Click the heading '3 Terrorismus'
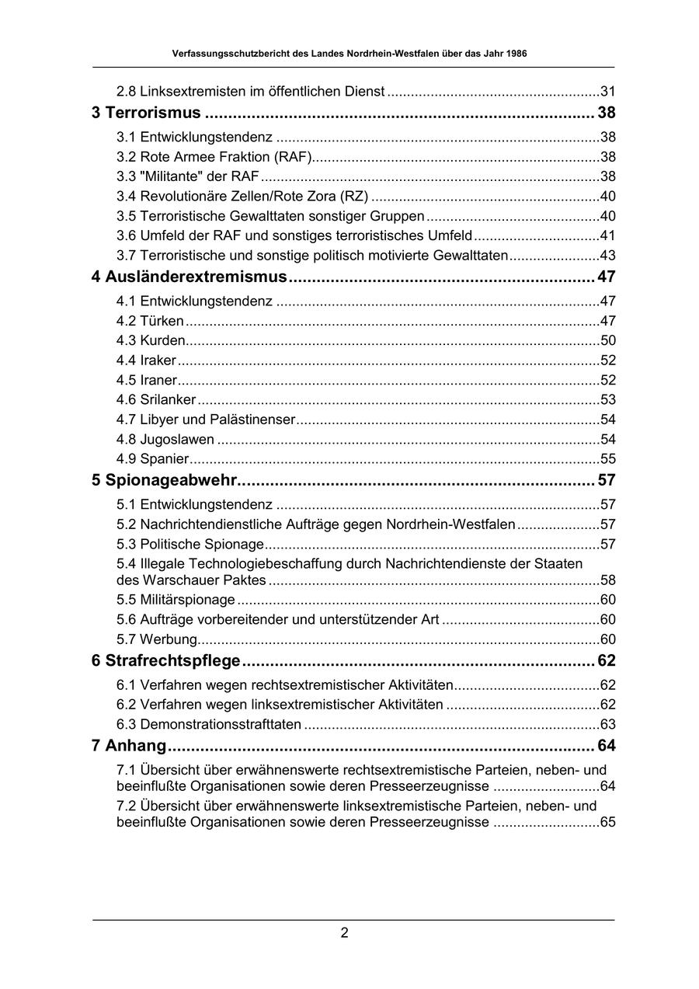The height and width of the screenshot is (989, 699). (x=146, y=113)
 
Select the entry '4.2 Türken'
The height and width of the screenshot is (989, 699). (x=150, y=321)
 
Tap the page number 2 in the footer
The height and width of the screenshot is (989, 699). (x=344, y=933)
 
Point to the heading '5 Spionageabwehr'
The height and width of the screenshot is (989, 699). (x=164, y=480)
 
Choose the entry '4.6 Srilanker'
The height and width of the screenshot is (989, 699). (x=156, y=400)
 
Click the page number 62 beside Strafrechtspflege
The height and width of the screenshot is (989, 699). (x=606, y=661)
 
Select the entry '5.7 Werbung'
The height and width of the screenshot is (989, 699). (x=157, y=639)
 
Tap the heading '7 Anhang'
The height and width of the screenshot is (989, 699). (x=129, y=746)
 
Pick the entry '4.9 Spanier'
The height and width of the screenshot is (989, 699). (x=152, y=458)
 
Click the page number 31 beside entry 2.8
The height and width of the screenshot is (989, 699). (x=607, y=92)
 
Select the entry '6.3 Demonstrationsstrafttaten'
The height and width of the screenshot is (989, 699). (x=209, y=725)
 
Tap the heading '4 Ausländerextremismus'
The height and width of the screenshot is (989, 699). (x=189, y=277)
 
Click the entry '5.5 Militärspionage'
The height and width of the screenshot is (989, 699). (x=176, y=600)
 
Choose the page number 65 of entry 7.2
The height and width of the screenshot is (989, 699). (x=607, y=822)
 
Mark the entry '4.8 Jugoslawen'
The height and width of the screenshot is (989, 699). (x=165, y=439)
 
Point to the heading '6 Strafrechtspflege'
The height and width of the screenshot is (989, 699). (x=166, y=661)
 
